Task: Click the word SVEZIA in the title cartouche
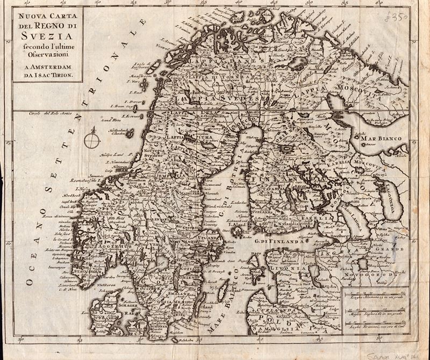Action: [x=45, y=37]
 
